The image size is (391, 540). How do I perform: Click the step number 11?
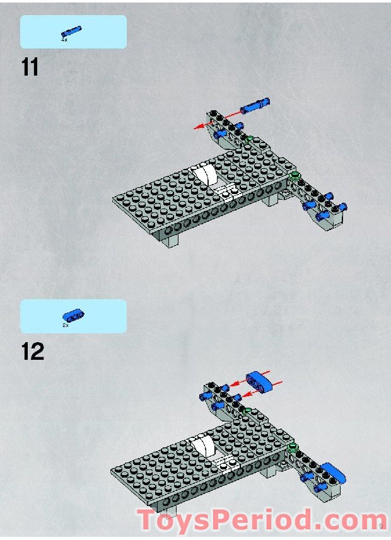point(30,66)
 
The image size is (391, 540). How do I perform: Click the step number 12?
point(32,351)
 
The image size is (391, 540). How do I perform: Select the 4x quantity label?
point(64,40)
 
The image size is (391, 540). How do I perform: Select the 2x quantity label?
point(65,325)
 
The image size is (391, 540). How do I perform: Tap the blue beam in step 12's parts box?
point(73,316)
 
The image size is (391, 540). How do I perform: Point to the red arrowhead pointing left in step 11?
point(197,127)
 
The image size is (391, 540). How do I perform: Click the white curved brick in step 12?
point(203,449)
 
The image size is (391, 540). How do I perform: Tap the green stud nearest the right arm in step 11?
point(293,175)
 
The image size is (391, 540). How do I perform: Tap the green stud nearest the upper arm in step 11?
point(250,139)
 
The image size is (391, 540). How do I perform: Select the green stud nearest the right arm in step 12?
point(292,447)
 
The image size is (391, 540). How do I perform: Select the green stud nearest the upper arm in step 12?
point(248,411)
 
